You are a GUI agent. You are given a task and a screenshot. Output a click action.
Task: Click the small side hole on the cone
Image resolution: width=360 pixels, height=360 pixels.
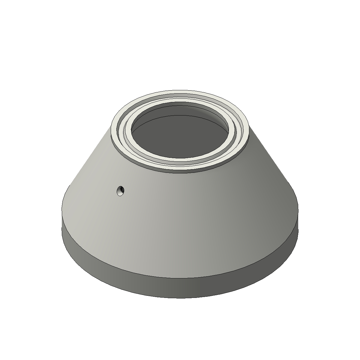[121, 191]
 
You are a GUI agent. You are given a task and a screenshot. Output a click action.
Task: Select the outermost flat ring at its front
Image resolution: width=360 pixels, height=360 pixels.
[180, 166]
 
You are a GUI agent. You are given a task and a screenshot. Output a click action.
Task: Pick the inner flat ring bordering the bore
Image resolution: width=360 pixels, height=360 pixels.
[180, 159]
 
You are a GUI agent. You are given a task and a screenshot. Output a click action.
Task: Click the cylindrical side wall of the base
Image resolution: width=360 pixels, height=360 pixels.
[180, 288]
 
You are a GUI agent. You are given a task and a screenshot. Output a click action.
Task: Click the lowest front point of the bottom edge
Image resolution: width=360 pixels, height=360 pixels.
[180, 298]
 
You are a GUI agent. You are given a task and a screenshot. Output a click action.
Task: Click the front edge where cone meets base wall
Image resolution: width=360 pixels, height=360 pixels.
[180, 278]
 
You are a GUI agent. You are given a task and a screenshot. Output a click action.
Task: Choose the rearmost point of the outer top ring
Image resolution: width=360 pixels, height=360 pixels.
[180, 90]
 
